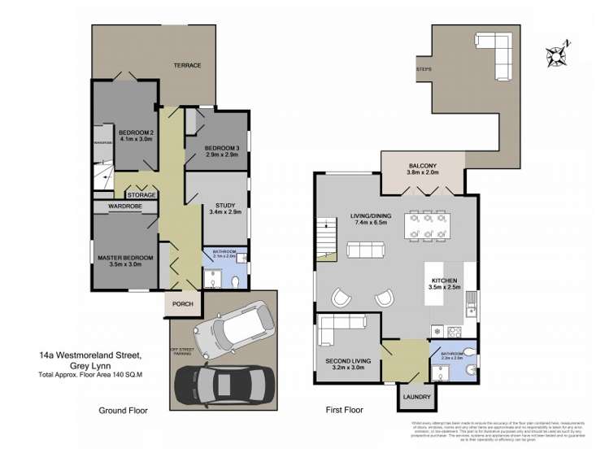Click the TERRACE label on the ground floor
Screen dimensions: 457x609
point(186,65)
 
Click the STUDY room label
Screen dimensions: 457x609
point(225,205)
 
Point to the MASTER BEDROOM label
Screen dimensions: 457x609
point(125,258)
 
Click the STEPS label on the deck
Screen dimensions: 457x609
point(423,70)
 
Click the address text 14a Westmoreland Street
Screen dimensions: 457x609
point(89,355)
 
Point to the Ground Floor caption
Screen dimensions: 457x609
point(123,411)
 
